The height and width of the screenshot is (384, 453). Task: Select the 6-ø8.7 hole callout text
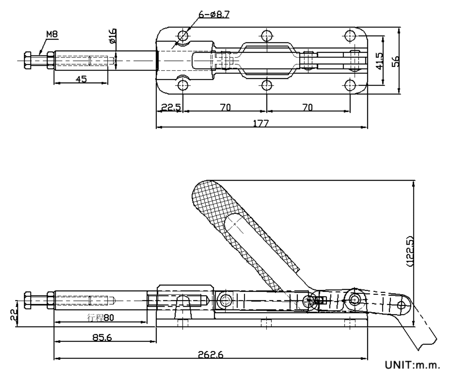click(x=214, y=15)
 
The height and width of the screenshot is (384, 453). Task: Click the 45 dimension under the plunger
click(x=82, y=79)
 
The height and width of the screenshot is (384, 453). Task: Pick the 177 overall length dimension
click(x=261, y=123)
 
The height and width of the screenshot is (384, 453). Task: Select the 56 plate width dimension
click(x=396, y=61)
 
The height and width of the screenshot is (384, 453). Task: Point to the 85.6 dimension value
click(x=102, y=337)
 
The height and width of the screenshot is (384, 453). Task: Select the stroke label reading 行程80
click(x=101, y=317)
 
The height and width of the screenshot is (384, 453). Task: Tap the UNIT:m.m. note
click(x=413, y=365)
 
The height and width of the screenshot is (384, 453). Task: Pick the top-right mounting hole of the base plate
click(x=350, y=36)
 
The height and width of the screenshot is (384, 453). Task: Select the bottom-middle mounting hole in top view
click(x=266, y=85)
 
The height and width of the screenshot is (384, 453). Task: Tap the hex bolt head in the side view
click(x=28, y=300)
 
